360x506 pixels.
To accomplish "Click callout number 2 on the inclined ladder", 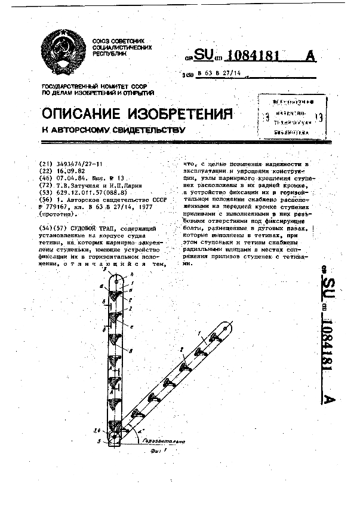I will click(x=181, y=348).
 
